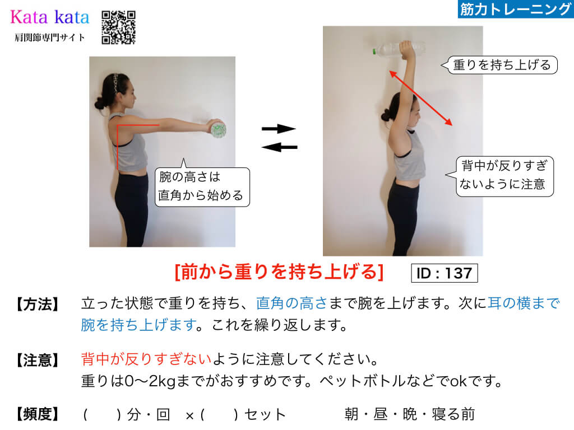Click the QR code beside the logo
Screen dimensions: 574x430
119,27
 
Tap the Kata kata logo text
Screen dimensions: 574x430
50,17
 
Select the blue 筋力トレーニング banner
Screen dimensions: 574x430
516,9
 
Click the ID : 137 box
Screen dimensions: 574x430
445,273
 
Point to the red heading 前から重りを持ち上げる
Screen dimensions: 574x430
279,272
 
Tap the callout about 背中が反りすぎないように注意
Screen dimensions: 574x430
500,176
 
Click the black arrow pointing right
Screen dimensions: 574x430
279,129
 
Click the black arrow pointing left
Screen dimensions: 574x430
279,147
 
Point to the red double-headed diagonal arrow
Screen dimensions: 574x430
420,98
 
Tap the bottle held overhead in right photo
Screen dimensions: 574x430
399,49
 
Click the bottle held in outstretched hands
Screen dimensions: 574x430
217,129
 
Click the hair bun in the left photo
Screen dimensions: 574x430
100,104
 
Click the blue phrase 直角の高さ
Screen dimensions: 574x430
291,303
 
